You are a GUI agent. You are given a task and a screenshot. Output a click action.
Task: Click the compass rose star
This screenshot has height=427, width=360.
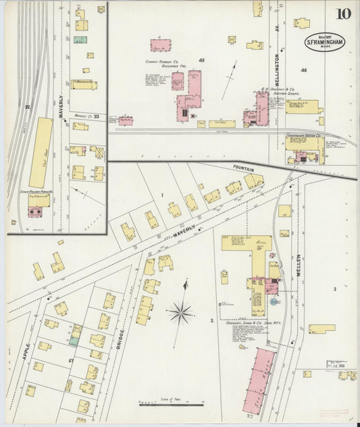click(x=180, y=312)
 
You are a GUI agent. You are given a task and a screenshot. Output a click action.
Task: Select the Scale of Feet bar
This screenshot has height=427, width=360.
click(x=172, y=403)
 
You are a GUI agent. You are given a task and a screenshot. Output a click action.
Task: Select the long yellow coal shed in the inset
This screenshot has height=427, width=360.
click(x=41, y=152)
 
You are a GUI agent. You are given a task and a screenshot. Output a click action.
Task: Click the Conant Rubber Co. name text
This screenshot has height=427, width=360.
click(x=161, y=61)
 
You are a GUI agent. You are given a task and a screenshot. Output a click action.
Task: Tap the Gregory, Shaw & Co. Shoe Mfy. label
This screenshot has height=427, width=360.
click(x=254, y=323)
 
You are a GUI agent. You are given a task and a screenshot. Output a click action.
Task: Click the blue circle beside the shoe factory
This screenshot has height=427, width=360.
click(x=274, y=303)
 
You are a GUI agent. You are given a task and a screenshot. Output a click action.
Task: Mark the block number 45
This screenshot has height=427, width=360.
click(x=201, y=61)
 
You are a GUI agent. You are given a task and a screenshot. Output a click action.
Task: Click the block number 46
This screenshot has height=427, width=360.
click(x=304, y=70)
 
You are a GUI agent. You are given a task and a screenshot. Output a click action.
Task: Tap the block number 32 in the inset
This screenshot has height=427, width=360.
click(x=28, y=107)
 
